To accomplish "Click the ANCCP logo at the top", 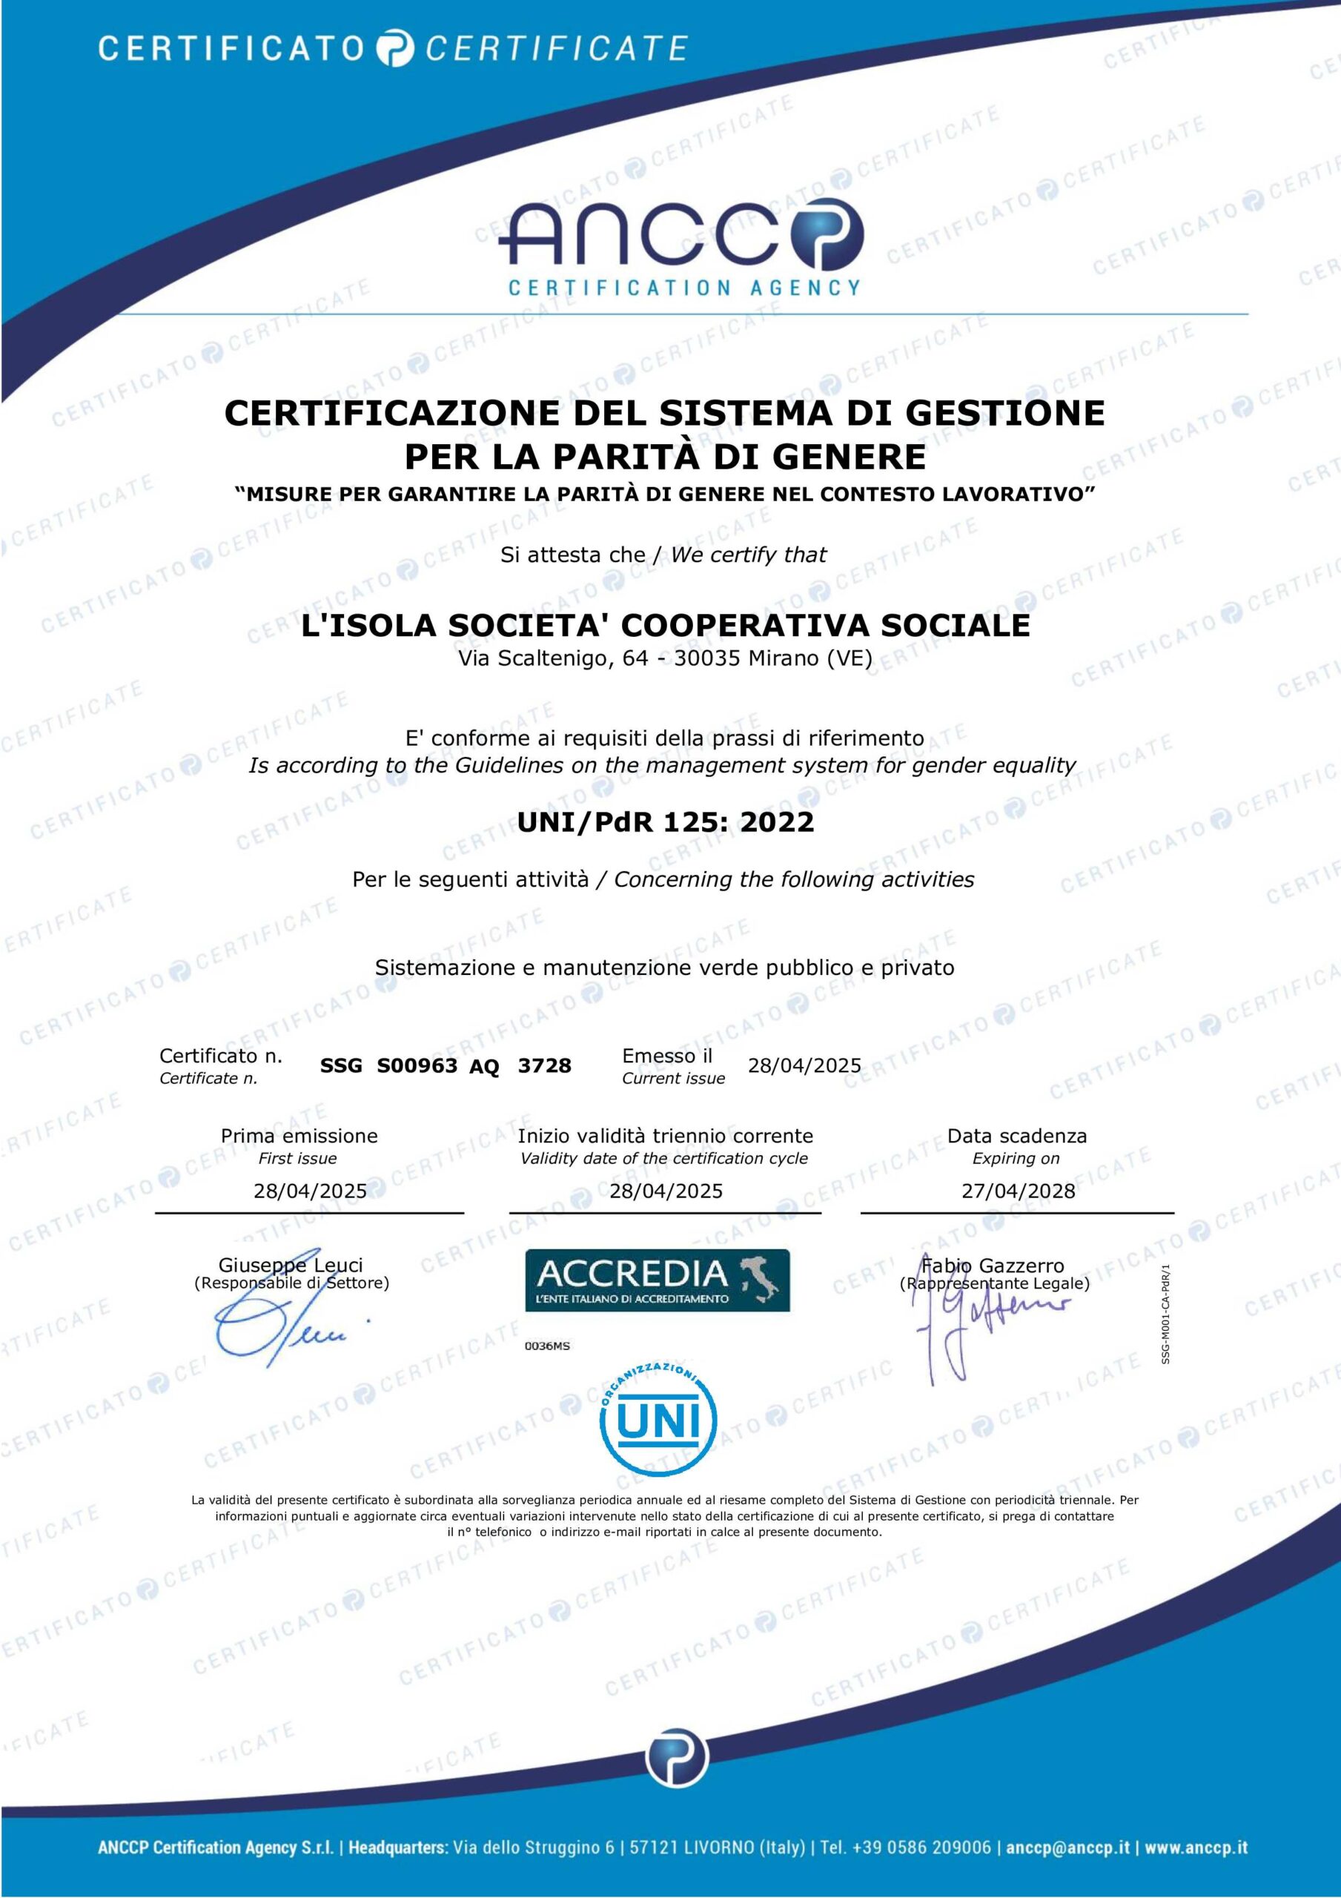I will click(683, 248).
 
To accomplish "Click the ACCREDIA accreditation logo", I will click(658, 1280).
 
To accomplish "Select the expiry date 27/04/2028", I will click(1018, 1191).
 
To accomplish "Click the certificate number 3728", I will click(544, 1065).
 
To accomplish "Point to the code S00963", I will click(417, 1065).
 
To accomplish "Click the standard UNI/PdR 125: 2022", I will click(666, 821).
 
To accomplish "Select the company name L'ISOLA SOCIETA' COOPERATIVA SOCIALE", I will click(666, 625).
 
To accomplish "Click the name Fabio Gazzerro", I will click(993, 1265).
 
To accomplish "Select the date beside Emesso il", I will click(804, 1065).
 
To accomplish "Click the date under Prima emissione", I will click(310, 1191).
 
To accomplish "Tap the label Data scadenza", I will click(1017, 1136).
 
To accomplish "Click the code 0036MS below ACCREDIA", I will click(547, 1346).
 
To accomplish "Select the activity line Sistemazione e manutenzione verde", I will click(665, 968).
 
